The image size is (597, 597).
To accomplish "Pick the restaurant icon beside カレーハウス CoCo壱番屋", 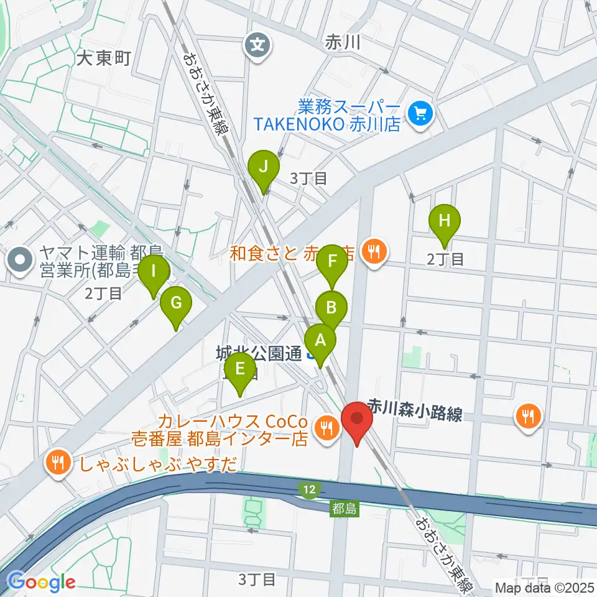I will coord(326,427).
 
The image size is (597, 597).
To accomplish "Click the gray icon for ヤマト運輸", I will coord(21,261).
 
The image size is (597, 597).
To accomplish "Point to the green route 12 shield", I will coord(309,491).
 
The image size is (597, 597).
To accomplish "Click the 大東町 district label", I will coord(104,59).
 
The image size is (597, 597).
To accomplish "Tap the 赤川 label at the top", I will coord(343,42).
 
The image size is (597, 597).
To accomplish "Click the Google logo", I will coord(42,582).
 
